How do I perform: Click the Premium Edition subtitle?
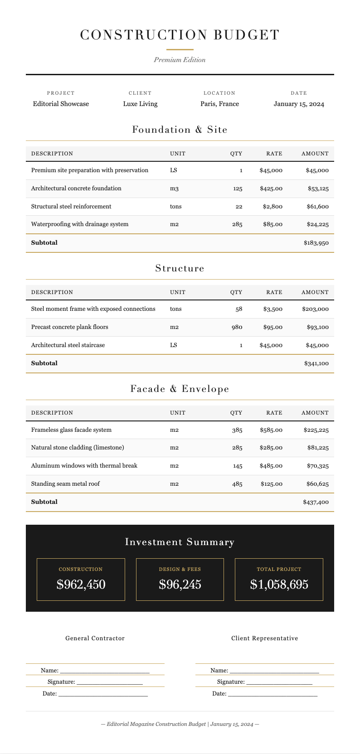[x=180, y=60]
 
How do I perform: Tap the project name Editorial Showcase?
[x=61, y=104]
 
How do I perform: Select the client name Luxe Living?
[x=140, y=104]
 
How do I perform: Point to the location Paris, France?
[x=219, y=104]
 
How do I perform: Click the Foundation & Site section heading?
[x=180, y=130]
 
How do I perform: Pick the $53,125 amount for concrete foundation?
[x=318, y=188]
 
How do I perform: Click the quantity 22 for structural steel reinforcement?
[x=238, y=207]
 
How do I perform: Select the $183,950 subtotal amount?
[x=316, y=243]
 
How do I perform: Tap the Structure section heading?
[x=180, y=268]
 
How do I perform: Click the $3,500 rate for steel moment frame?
[x=272, y=309]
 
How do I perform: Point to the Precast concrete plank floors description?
[x=69, y=327]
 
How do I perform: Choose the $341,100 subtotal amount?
[x=316, y=363]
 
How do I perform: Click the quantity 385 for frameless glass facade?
[x=237, y=430]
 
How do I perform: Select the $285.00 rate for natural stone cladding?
[x=271, y=448]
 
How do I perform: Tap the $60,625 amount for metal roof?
[x=317, y=484]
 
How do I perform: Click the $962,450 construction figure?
[x=81, y=585]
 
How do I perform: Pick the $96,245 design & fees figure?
[x=180, y=585]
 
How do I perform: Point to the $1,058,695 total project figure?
[x=279, y=585]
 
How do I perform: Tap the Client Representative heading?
[x=264, y=638]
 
